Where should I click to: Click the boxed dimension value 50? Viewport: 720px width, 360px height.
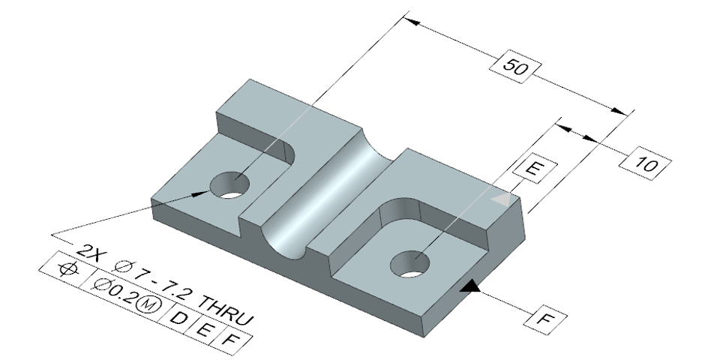514,67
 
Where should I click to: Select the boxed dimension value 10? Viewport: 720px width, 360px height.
645,163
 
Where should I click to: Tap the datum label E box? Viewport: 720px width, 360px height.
535,169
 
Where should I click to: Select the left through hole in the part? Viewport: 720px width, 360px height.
229,185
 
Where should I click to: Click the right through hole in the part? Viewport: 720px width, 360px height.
409,264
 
